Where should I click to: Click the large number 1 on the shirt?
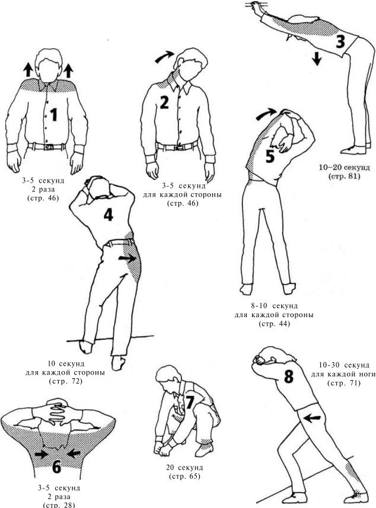click(54, 114)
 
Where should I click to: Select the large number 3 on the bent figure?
click(340, 41)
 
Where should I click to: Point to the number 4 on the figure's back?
click(108, 215)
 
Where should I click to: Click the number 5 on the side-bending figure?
click(270, 156)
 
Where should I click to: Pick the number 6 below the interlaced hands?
click(56, 467)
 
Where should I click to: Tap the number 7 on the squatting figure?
click(189, 402)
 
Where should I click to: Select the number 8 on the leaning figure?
click(288, 376)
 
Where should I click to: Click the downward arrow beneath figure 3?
click(317, 59)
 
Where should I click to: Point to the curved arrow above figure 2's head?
click(165, 57)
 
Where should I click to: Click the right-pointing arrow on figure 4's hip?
click(127, 258)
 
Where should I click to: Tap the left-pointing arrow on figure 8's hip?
click(313, 418)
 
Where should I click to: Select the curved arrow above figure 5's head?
click(266, 113)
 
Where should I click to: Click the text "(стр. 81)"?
click(344, 177)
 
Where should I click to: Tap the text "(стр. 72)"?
click(65, 381)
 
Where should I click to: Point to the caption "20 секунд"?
click(185, 468)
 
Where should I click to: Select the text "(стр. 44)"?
click(274, 324)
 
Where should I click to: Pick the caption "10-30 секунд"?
click(344, 365)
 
